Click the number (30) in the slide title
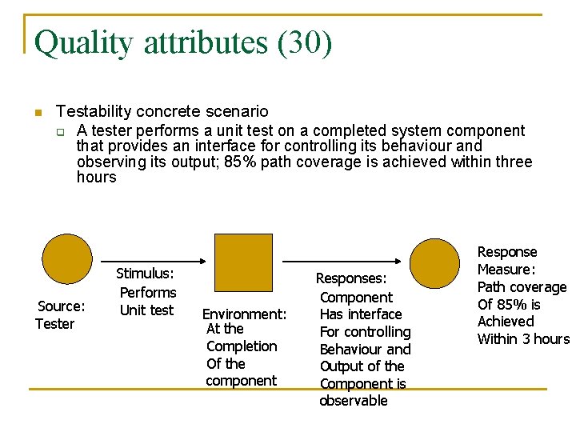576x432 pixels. tap(304, 42)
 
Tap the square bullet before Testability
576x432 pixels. tap(36, 112)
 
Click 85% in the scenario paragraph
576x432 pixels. tap(242, 162)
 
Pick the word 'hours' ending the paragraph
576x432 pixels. tap(96, 177)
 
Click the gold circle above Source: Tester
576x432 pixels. tap(67, 262)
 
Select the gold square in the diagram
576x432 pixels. tap(243, 262)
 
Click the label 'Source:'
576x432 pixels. tap(62, 306)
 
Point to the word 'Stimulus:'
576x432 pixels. tap(145, 274)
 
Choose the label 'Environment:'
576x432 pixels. tap(243, 314)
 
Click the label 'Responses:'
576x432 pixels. tap(351, 278)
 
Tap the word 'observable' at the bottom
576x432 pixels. tap(353, 401)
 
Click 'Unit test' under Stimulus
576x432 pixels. tap(146, 310)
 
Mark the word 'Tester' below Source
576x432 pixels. tap(54, 324)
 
